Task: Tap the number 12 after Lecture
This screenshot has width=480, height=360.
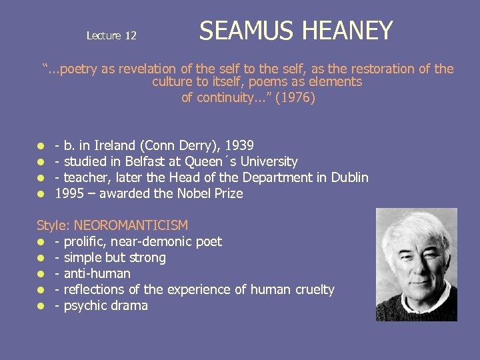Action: coord(129,36)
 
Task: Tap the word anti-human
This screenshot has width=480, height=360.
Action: coord(97,273)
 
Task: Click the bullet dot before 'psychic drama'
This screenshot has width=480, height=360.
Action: coord(41,306)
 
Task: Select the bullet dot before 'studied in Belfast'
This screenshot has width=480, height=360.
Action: coord(41,162)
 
